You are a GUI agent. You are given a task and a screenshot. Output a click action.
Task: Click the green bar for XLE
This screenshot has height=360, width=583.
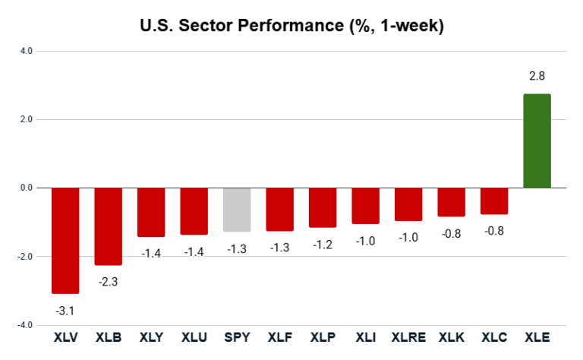coord(537,141)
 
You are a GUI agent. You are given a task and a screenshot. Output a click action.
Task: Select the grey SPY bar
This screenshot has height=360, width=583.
coord(236,209)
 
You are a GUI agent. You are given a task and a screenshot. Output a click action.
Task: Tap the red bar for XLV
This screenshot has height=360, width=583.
coord(65,240)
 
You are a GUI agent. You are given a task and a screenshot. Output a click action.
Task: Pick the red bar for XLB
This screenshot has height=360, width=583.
coord(108,226)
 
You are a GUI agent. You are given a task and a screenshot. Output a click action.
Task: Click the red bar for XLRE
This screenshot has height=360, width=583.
coord(408,204)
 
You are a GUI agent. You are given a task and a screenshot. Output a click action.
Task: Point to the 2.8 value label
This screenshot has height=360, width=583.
coord(537,76)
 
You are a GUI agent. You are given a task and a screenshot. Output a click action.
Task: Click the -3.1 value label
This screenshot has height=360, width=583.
coord(65,311)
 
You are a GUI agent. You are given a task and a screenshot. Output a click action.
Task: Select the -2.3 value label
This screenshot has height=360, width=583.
coord(108,282)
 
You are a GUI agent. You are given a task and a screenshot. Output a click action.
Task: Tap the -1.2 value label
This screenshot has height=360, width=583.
coord(323,244)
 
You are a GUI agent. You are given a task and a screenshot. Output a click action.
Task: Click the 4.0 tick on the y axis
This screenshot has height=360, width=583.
coord(26,51)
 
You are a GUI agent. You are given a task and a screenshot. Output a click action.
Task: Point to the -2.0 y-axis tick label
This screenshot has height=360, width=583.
coord(24,257)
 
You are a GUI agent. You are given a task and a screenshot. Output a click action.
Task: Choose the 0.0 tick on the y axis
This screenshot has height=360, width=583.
coord(26,188)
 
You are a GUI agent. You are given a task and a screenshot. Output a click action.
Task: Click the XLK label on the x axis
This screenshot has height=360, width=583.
coord(451,336)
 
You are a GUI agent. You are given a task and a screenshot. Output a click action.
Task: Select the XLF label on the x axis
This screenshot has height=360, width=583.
coord(279,336)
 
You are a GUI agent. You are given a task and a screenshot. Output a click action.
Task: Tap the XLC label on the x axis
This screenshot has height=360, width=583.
coord(494,336)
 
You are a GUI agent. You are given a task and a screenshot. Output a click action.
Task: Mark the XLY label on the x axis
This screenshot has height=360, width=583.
coord(150,336)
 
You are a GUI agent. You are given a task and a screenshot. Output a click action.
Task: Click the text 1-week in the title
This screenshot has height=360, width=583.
coord(410,27)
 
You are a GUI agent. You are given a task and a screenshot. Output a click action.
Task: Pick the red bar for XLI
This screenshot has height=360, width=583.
coord(365,205)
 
